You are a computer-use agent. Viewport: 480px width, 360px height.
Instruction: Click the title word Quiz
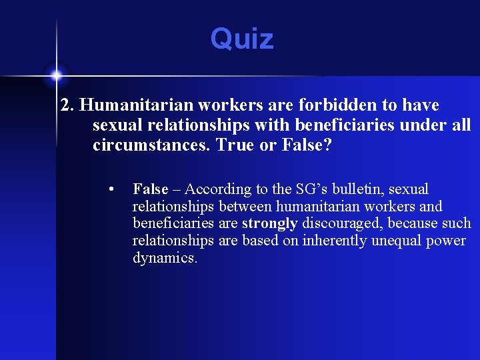(x=242, y=39)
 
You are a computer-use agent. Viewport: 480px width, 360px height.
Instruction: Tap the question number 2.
(x=67, y=105)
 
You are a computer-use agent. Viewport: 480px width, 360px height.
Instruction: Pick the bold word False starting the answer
(x=151, y=189)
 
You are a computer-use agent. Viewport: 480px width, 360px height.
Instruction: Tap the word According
(x=217, y=189)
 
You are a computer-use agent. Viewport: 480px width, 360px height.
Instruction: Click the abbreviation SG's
(x=311, y=189)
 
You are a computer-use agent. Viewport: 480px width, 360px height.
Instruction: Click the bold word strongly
(x=269, y=223)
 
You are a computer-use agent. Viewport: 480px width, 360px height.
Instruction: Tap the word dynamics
(x=165, y=258)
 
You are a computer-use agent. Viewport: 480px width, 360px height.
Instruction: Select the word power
(x=448, y=241)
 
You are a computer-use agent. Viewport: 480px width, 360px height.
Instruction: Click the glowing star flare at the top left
(x=56, y=73)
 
